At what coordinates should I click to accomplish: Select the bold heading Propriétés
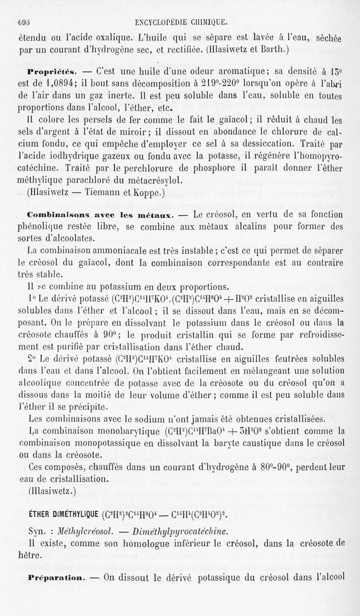(47, 71)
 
